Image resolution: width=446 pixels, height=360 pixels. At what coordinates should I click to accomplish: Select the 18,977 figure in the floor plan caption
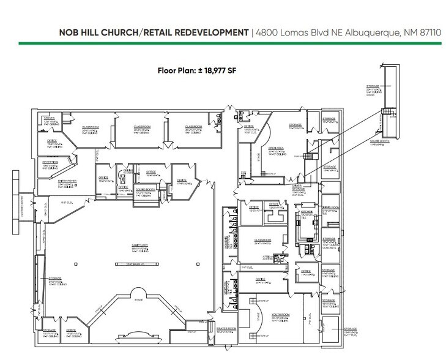point(201,72)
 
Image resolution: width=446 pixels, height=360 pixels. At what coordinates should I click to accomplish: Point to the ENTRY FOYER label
point(50,181)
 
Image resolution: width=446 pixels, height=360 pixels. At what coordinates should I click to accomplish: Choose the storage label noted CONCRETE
point(329,241)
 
